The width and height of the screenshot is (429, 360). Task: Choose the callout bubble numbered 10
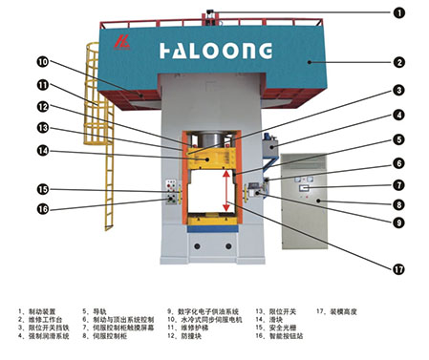(42, 62)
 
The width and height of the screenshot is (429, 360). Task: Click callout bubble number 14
(42, 150)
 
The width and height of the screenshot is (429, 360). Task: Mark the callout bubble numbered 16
(42, 210)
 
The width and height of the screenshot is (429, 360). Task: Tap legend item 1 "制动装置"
(40, 311)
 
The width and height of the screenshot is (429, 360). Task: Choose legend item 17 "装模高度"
(342, 311)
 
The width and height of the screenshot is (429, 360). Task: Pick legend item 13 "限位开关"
(277, 311)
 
